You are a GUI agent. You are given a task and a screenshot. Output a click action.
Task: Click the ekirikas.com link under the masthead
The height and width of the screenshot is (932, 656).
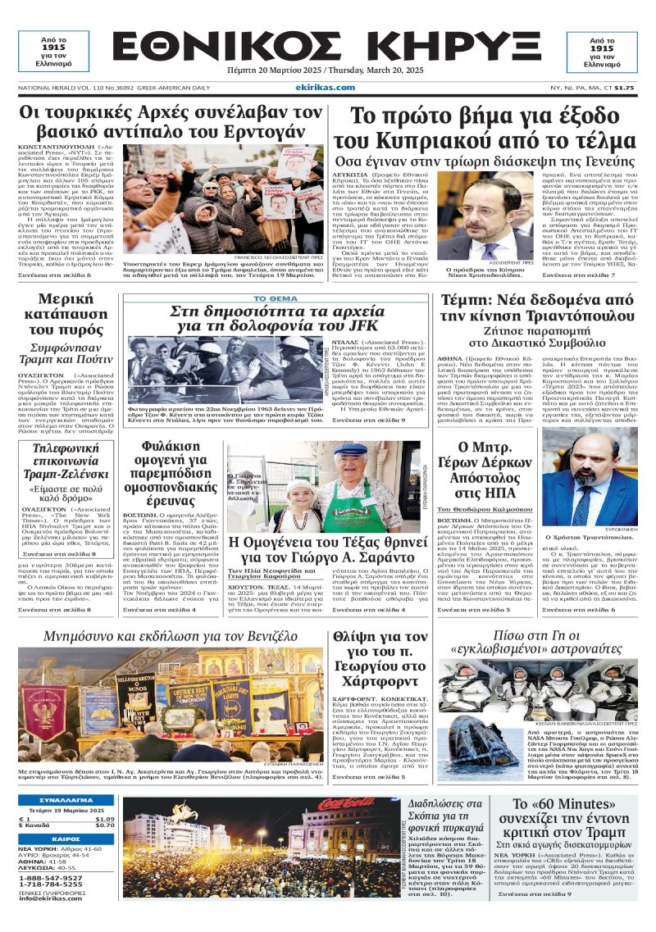[x=326, y=88]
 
